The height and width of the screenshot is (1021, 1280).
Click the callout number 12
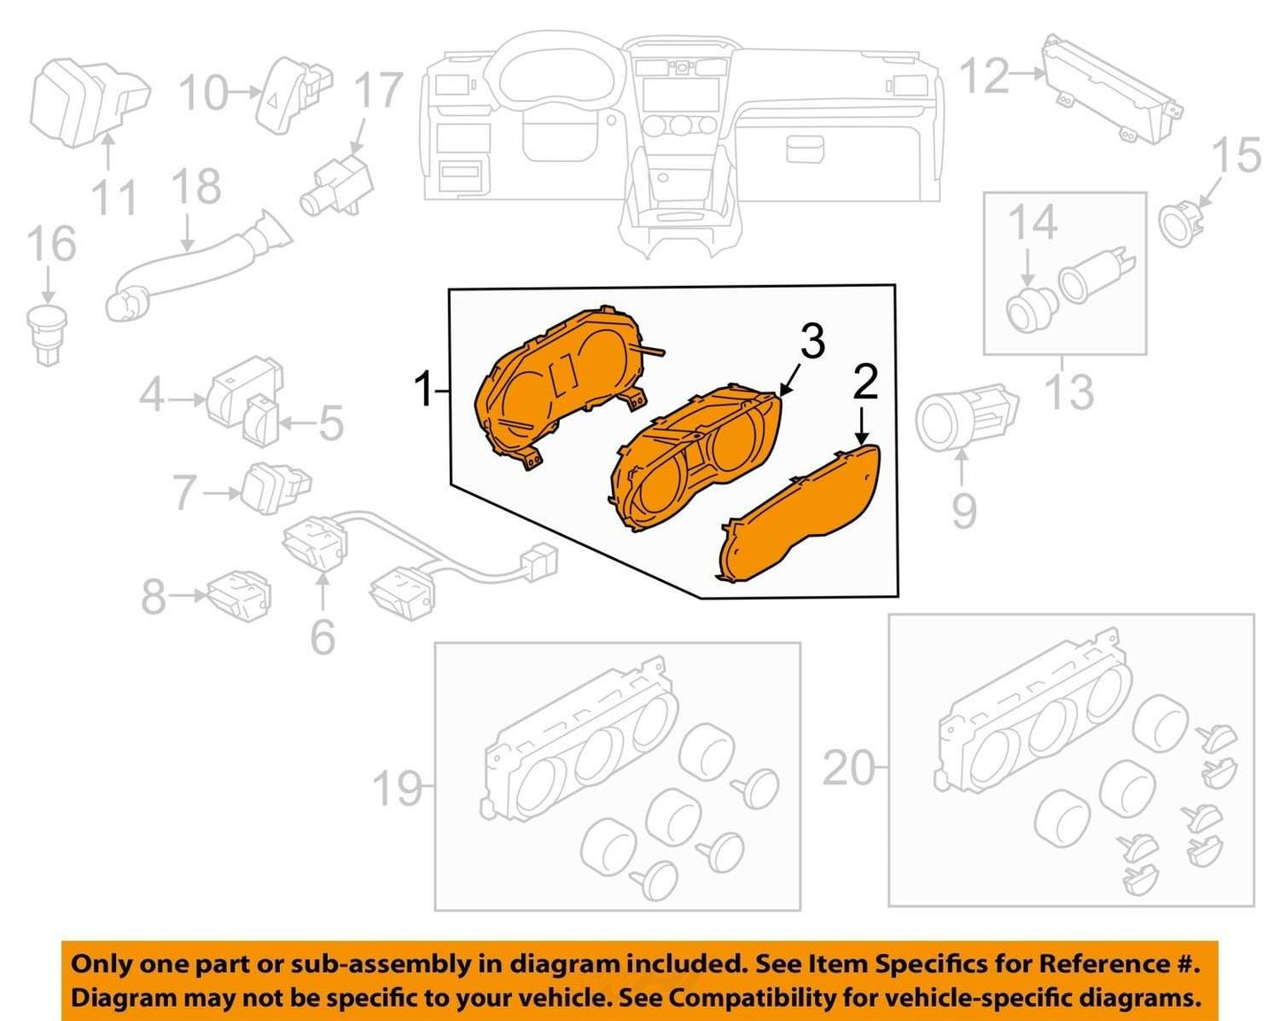point(985,75)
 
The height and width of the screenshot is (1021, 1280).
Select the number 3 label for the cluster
point(812,340)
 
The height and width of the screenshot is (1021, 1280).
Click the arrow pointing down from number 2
point(862,424)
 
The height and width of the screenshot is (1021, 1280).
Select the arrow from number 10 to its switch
point(244,92)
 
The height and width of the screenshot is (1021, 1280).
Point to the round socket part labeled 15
point(1182,223)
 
